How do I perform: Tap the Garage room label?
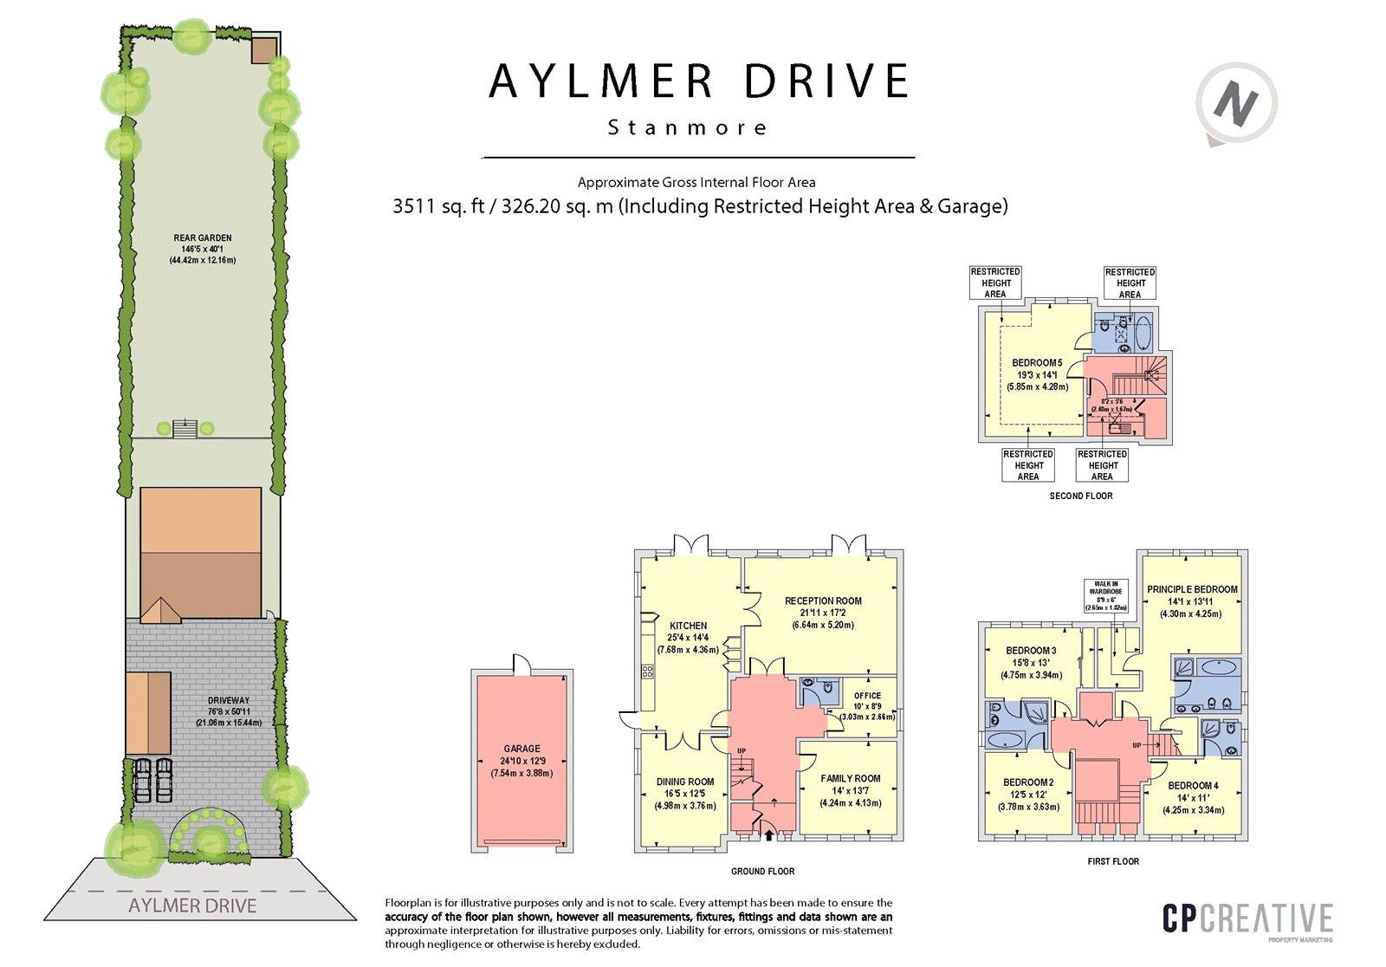pyautogui.click(x=521, y=749)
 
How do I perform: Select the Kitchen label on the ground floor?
pyautogui.click(x=688, y=626)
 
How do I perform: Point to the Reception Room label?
pyautogui.click(x=823, y=600)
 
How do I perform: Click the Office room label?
pyautogui.click(x=867, y=696)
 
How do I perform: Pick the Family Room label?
pyautogui.click(x=851, y=779)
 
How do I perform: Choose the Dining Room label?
pyautogui.click(x=685, y=782)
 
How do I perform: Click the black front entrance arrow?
pyautogui.click(x=768, y=834)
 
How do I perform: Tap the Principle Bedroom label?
pyautogui.click(x=1192, y=589)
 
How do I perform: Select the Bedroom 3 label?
pyautogui.click(x=1031, y=651)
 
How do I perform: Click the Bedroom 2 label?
pyautogui.click(x=1028, y=782)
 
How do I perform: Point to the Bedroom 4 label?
pyautogui.click(x=1193, y=786)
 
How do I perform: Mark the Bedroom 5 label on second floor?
pyautogui.click(x=1037, y=363)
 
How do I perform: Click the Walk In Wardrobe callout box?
pyautogui.click(x=1106, y=596)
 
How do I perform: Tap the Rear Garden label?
pyautogui.click(x=203, y=238)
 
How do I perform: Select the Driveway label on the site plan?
pyautogui.click(x=229, y=700)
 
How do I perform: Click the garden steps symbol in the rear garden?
pyautogui.click(x=185, y=428)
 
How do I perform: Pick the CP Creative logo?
pyautogui.click(x=1247, y=920)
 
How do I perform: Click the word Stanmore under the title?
pyautogui.click(x=688, y=128)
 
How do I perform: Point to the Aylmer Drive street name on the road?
pyautogui.click(x=192, y=906)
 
